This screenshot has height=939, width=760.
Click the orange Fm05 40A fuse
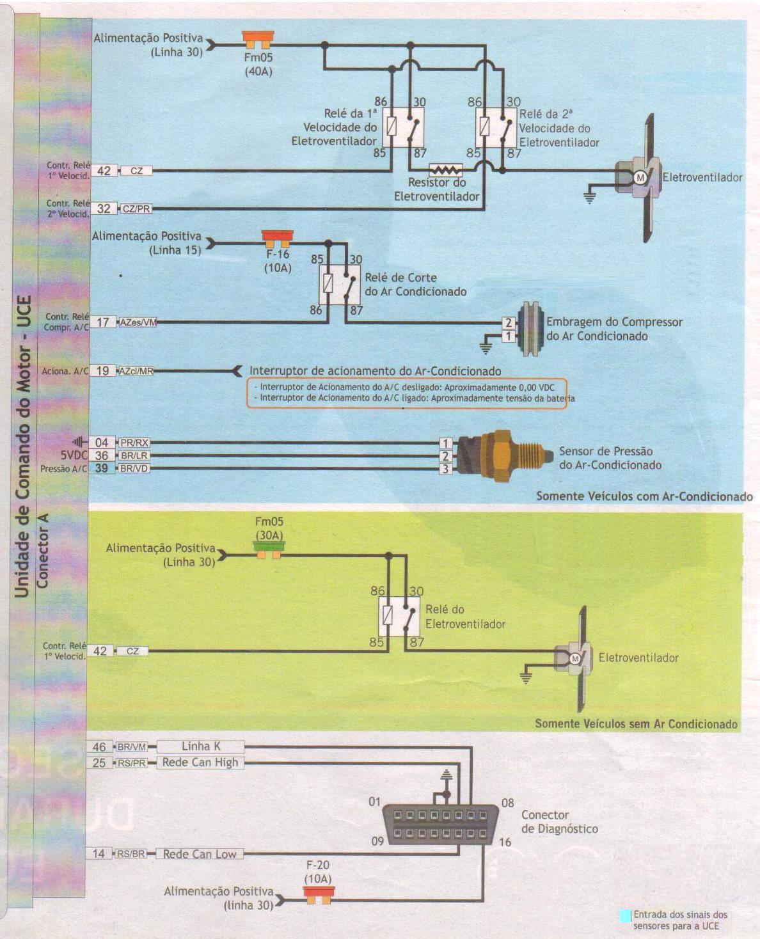click(258, 39)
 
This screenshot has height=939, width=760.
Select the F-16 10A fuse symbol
click(278, 239)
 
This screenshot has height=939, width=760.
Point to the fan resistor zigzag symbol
click(446, 170)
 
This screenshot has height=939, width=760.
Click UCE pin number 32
click(104, 209)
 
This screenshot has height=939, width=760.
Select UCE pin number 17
click(103, 322)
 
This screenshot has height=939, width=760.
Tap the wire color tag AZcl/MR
click(136, 371)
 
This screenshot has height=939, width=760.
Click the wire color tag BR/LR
click(134, 455)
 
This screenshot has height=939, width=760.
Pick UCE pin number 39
click(101, 468)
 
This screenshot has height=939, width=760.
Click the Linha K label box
click(201, 746)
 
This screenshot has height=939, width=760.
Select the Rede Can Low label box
click(200, 854)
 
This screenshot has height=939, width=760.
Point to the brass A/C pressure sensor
click(503, 456)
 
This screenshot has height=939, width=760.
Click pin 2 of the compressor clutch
click(509, 322)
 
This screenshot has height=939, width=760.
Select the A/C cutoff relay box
click(340, 285)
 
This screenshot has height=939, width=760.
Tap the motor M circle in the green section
click(575, 659)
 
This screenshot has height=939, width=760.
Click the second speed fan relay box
click(496, 127)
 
